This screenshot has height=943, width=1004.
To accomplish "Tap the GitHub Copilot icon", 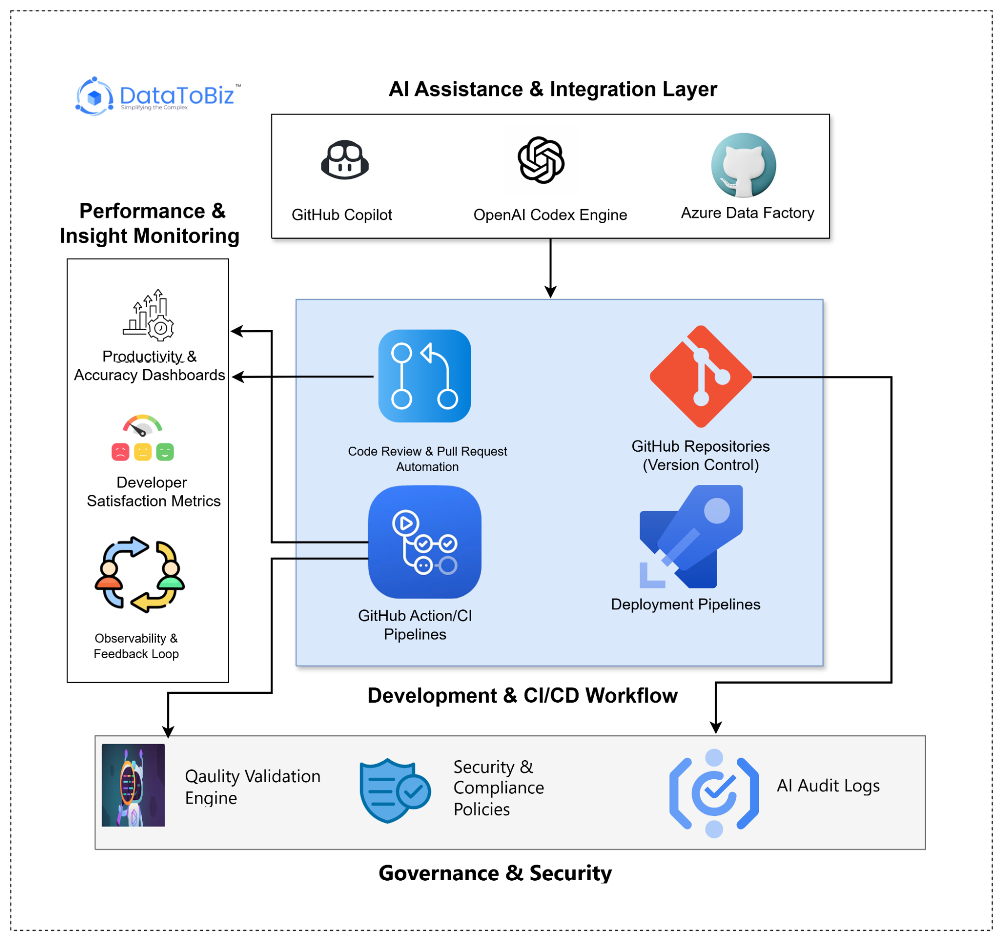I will (x=345, y=160).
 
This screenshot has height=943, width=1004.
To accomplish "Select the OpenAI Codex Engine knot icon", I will (x=541, y=160).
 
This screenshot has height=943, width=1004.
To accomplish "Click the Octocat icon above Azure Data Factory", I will (x=743, y=165).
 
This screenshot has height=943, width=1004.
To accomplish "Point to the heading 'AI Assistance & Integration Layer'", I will (x=552, y=89).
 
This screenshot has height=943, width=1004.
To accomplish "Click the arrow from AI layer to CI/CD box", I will (x=550, y=268).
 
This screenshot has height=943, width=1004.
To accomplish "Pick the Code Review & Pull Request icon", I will (x=425, y=376).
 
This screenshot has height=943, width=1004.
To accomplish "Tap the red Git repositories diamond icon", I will (x=701, y=376).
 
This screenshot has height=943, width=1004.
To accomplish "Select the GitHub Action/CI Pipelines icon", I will (x=425, y=542).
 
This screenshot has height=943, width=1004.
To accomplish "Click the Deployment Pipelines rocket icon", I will (x=691, y=537).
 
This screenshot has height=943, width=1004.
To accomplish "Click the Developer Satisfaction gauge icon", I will (x=143, y=438).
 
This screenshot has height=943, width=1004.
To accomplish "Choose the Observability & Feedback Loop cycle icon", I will (x=140, y=575).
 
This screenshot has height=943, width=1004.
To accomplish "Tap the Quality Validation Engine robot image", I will (x=133, y=785).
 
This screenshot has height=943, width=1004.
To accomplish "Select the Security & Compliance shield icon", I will (x=394, y=790).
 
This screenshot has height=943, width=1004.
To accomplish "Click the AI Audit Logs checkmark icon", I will (x=714, y=793).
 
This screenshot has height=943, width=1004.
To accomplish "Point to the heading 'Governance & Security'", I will (x=495, y=873).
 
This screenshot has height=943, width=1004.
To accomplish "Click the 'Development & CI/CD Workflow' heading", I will (x=522, y=695).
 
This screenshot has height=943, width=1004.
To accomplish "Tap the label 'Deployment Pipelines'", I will (x=686, y=604).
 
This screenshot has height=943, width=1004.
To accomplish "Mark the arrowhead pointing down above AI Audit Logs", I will (x=716, y=728).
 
